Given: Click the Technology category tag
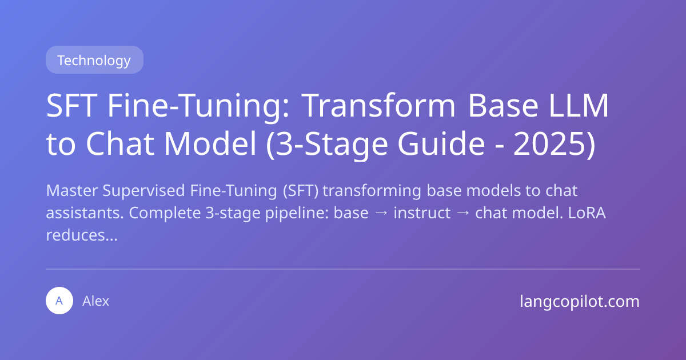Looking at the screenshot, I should [x=94, y=60].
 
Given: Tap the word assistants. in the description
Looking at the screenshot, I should [x=85, y=213].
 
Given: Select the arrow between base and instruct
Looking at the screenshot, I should [x=381, y=213].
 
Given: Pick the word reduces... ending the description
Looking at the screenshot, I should [x=81, y=236].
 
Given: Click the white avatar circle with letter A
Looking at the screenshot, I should [x=59, y=301].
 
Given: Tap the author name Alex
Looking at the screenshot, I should [x=95, y=301].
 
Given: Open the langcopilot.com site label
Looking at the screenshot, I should [x=580, y=301].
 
